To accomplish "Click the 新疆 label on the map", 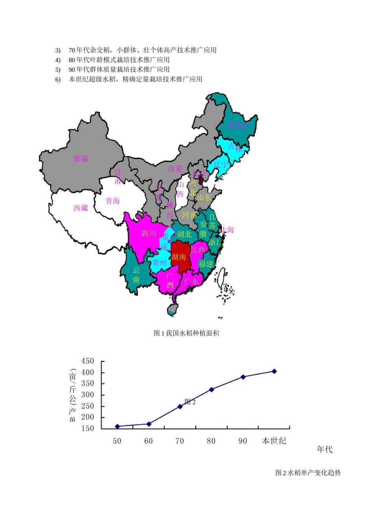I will coord(81,159).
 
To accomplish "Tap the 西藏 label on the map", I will coord(81,208).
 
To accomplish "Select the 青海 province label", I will coord(113,201).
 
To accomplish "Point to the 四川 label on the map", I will coord(149,233).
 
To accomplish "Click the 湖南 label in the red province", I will coord(179,257).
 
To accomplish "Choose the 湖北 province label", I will coord(184,234).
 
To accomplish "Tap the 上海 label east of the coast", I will coord(228,230).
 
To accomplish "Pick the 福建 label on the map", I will coord(206,264).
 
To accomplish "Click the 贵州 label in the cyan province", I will coord(160,263).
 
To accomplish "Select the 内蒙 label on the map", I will coord(175,169).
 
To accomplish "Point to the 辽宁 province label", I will coord(221,165).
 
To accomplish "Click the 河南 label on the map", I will coord(189,215).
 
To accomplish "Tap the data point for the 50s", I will coord(117,426).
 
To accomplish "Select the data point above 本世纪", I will coord(274,371).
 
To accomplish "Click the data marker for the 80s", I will coord(212,390).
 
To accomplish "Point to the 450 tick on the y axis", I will coord(88,361).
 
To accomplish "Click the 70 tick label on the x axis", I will coord(180,441).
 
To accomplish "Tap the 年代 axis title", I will coord(325,450).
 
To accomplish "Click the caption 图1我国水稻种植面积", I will coord(186,333).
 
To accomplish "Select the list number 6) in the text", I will coord(58,80).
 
